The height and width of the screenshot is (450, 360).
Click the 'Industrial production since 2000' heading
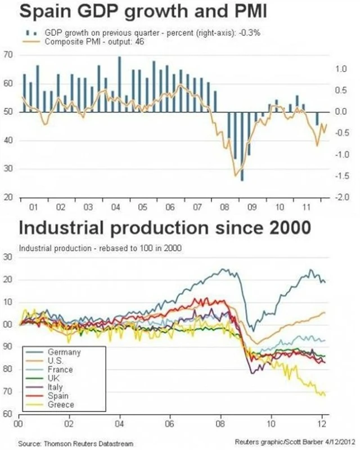165,228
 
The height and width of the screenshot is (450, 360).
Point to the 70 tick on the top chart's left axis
8,55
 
